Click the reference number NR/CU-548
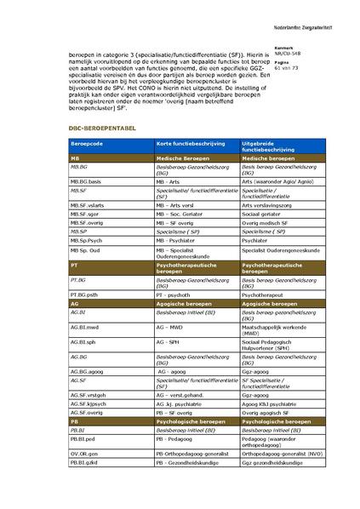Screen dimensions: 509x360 click(288, 53)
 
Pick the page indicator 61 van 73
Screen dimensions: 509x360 click(286, 67)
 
